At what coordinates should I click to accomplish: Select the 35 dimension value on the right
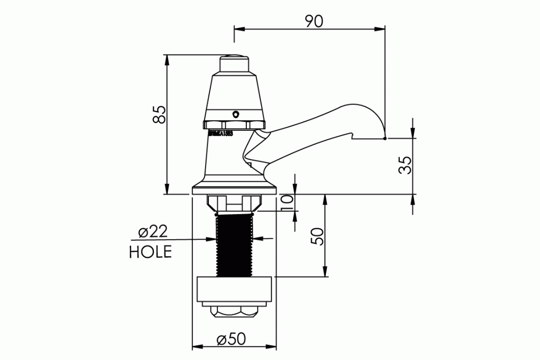(x=404, y=166)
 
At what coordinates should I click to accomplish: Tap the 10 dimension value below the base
(x=287, y=202)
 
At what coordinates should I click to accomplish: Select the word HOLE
(x=150, y=252)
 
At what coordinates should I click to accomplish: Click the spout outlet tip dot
(x=385, y=139)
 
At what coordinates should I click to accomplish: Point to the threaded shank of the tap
(x=235, y=245)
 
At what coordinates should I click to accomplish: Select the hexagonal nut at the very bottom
(x=235, y=312)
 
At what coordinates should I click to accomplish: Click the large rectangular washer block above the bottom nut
(x=235, y=290)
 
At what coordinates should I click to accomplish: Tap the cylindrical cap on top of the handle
(x=235, y=64)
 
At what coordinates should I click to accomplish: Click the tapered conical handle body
(x=235, y=95)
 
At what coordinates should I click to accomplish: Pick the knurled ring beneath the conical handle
(x=235, y=124)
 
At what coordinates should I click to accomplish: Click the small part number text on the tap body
(x=221, y=134)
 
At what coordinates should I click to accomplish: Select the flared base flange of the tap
(x=235, y=187)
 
